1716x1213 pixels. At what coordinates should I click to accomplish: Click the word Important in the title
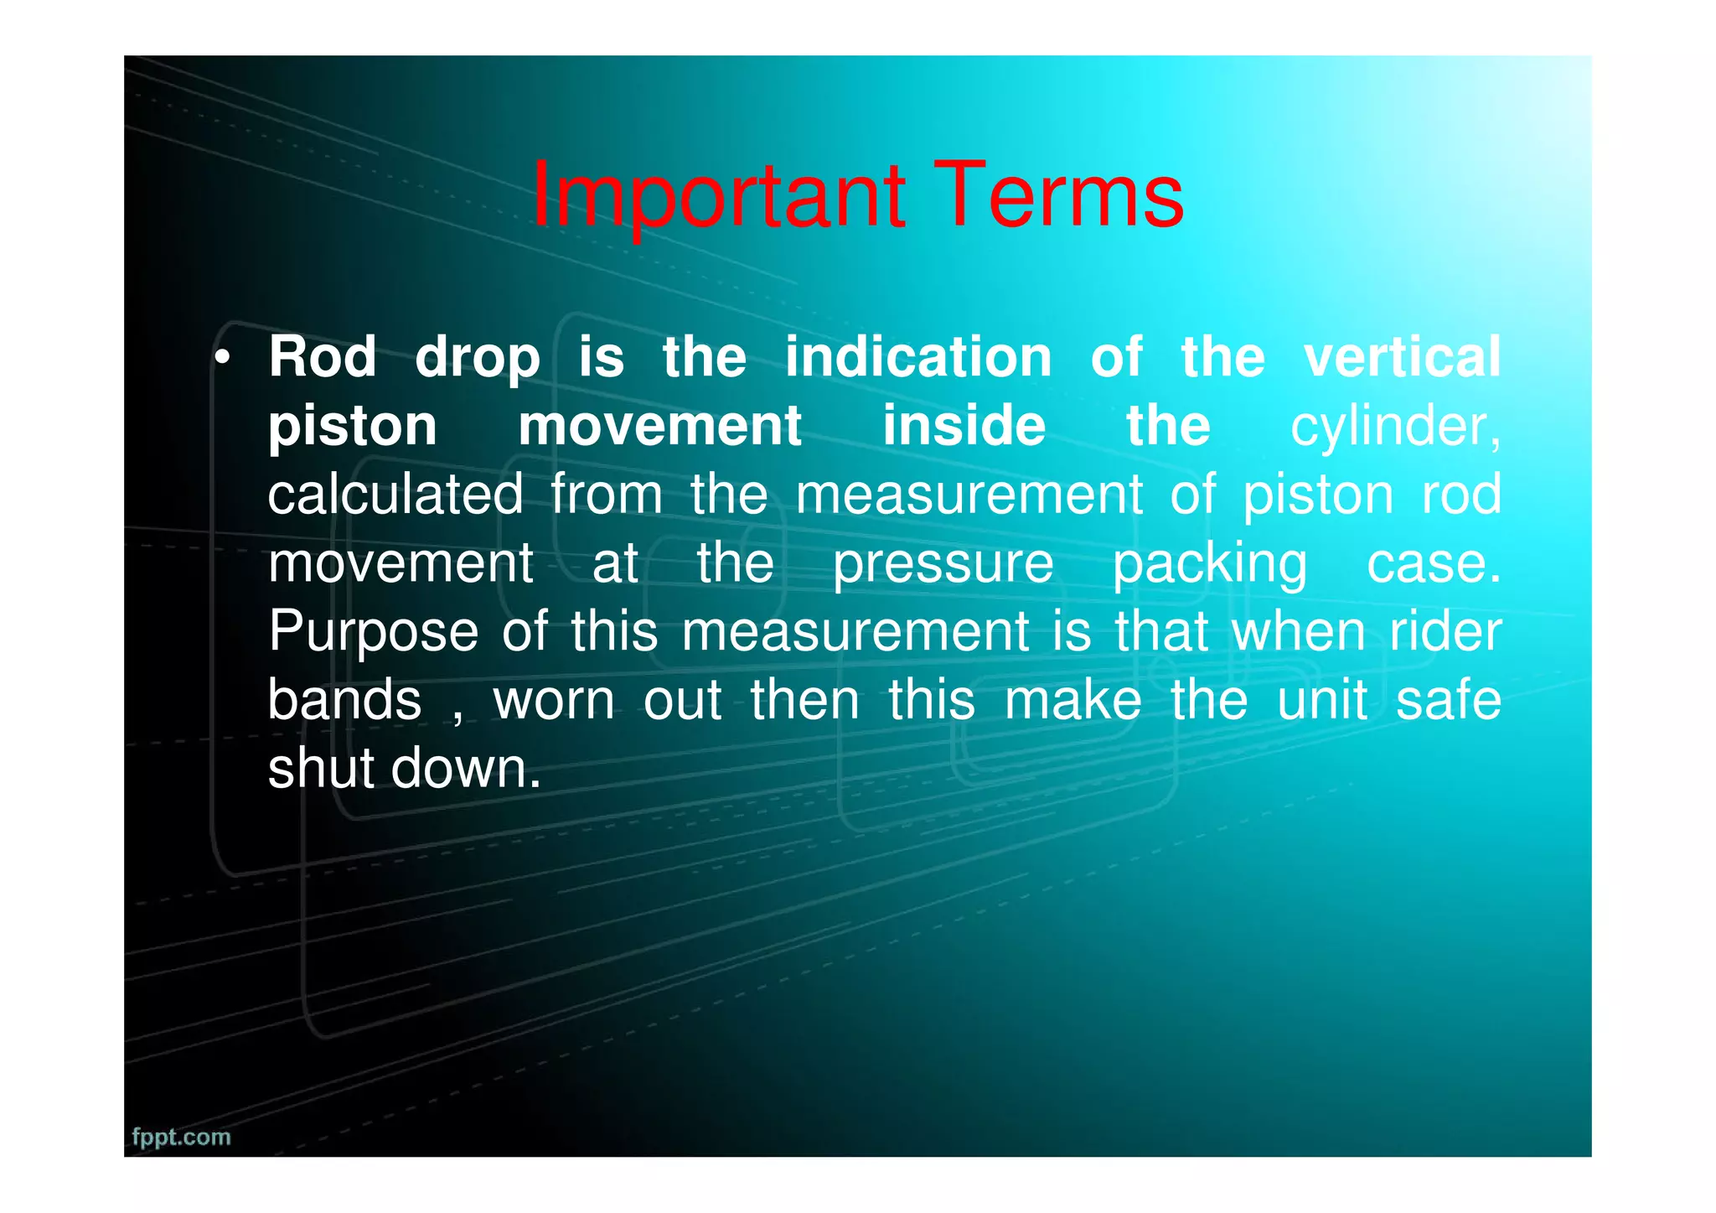718,196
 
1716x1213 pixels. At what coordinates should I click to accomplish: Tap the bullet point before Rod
222,359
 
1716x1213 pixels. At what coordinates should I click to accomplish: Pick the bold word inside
964,426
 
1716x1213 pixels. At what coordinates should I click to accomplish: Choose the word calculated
395,495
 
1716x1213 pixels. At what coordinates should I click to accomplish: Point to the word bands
344,700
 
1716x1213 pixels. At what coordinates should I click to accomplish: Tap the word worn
554,701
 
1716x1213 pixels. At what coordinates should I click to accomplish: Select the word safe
1448,700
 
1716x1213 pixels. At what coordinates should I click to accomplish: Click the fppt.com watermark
181,1138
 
